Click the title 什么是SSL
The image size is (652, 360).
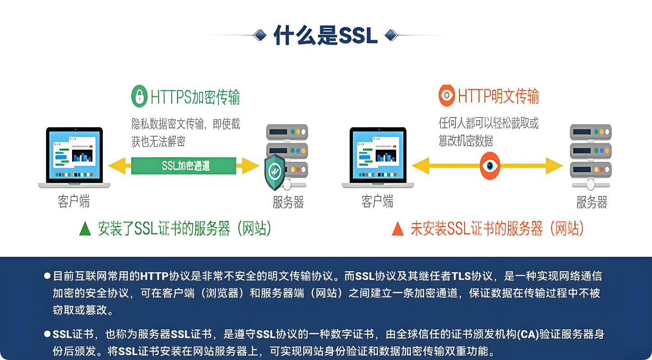(x=325, y=36)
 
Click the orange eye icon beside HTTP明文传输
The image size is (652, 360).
(x=447, y=96)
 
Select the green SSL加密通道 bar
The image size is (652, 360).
(x=184, y=166)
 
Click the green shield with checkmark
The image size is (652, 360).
(x=275, y=172)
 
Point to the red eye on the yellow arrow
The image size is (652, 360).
(x=490, y=165)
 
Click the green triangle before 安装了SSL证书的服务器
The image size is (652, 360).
(x=85, y=229)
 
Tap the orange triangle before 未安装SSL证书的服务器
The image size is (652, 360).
(x=397, y=229)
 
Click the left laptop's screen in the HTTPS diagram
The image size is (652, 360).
(x=74, y=153)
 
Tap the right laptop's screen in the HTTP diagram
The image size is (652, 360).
(x=378, y=153)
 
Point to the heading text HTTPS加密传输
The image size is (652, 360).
(x=195, y=97)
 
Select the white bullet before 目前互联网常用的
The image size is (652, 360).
(x=47, y=276)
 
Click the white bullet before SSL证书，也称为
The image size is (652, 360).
(x=47, y=334)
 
